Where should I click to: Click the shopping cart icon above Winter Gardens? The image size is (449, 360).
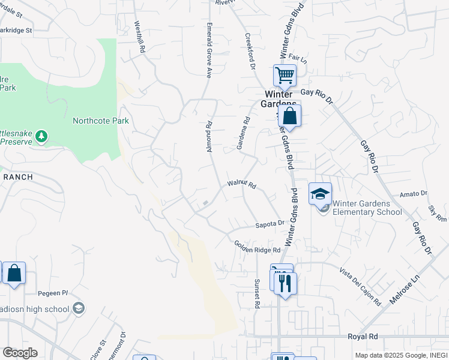click(285, 76)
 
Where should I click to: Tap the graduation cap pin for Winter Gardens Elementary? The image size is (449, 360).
click(320, 194)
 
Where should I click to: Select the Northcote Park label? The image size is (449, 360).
click(101, 121)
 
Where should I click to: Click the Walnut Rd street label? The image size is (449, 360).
click(242, 185)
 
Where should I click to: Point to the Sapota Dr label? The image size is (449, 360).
click(270, 223)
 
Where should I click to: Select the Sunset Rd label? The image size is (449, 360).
click(257, 293)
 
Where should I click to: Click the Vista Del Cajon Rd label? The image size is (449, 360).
click(360, 286)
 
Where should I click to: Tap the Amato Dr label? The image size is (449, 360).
click(413, 194)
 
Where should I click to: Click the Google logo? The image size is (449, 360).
click(20, 353)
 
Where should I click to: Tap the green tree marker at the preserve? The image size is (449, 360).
click(41, 137)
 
